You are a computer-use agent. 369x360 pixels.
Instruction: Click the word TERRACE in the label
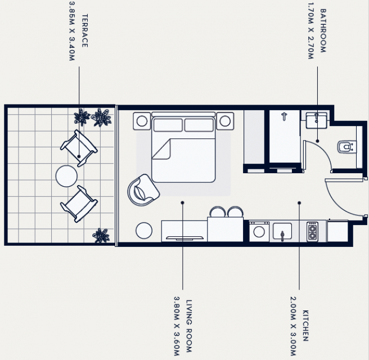[85, 30]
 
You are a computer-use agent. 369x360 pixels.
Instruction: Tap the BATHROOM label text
[323, 30]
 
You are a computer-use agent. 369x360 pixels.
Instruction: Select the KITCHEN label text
[305, 326]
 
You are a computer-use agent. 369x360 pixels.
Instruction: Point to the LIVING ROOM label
[189, 326]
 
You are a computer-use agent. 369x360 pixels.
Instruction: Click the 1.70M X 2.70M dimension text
[311, 30]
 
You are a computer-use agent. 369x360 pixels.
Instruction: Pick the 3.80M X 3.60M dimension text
[177, 326]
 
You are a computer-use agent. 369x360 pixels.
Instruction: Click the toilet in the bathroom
[346, 147]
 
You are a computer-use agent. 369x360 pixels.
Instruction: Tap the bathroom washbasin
[316, 120]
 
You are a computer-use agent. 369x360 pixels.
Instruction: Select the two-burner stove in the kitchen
[312, 232]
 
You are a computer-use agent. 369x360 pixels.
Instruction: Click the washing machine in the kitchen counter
[259, 231]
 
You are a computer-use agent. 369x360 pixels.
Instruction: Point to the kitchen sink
[282, 232]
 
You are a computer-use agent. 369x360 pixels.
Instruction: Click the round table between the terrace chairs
[66, 176]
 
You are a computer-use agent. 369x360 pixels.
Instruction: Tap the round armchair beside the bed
[143, 190]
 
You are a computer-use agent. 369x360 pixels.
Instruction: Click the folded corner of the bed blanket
[161, 149]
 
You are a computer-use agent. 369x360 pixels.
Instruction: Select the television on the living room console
[184, 238]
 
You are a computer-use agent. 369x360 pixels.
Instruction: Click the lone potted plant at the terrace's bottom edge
[101, 235]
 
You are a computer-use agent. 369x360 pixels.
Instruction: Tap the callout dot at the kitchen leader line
[299, 203]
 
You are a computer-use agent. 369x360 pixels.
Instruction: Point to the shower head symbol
[284, 116]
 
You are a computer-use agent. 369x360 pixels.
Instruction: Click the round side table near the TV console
[144, 231]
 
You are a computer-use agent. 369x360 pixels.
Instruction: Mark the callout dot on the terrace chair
[79, 156]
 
